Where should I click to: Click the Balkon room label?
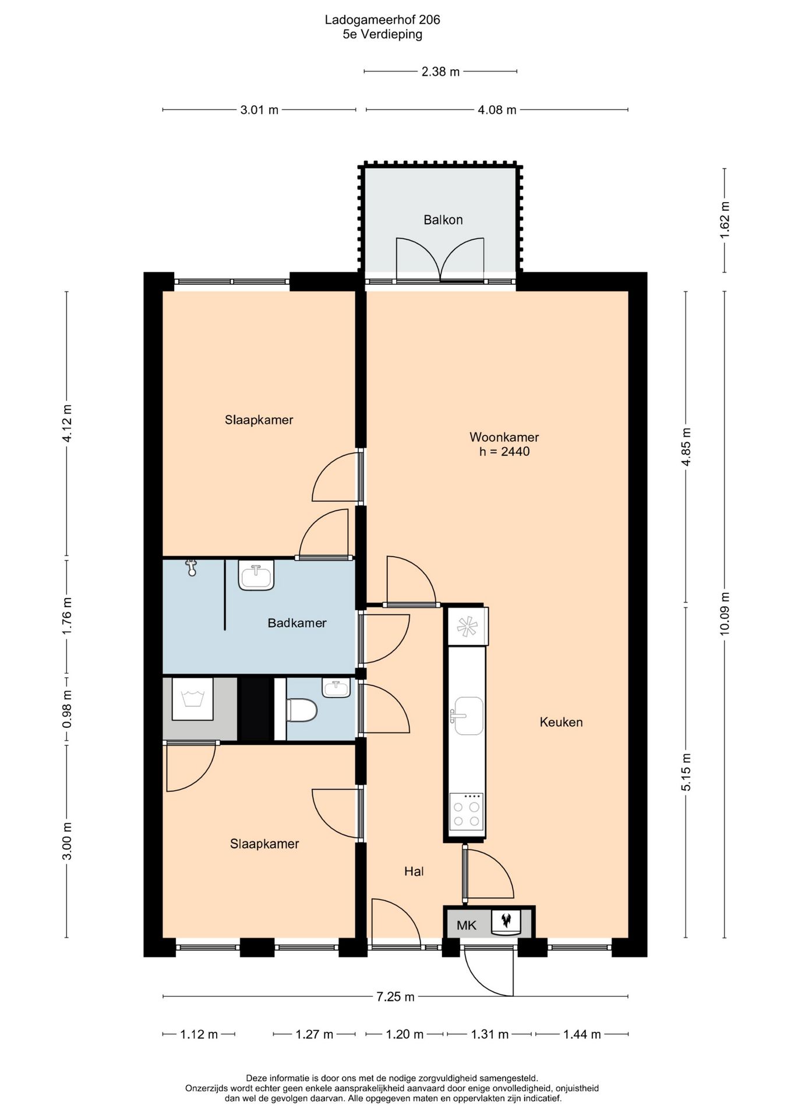click(x=443, y=220)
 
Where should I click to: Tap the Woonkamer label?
click(x=504, y=437)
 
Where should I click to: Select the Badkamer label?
click(x=297, y=623)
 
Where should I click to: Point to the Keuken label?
click(x=561, y=722)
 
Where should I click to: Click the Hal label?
click(x=414, y=871)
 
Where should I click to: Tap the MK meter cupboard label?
click(x=467, y=925)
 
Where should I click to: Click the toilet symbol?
click(x=302, y=710)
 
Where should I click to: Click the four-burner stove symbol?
click(x=467, y=811)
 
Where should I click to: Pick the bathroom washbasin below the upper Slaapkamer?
click(x=256, y=575)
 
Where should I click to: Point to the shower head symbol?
click(x=192, y=567)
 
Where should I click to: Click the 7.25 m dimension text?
click(x=395, y=997)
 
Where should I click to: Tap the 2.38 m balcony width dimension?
click(x=440, y=72)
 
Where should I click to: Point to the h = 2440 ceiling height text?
click(x=504, y=451)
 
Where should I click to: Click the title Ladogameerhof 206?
click(x=383, y=20)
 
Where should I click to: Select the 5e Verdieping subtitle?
click(x=383, y=34)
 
